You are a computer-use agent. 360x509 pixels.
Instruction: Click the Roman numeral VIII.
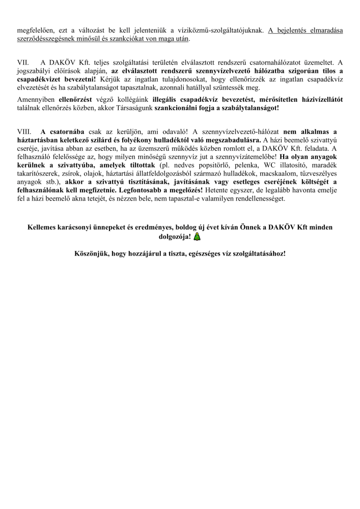[x=25, y=131]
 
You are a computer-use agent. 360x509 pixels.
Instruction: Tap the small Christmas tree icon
[x=197, y=236]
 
